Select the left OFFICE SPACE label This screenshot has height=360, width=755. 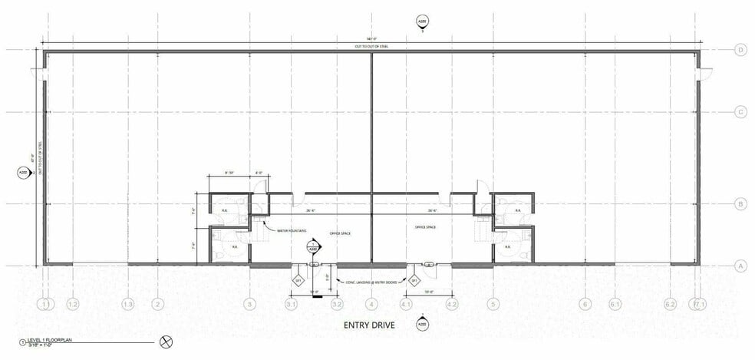339,233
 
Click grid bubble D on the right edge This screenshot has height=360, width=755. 741,51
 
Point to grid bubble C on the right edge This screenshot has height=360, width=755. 741,112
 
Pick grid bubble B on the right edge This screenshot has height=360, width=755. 741,204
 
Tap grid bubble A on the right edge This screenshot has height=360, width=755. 741,266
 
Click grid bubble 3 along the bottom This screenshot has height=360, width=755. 249,305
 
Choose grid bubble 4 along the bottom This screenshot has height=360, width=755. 372,305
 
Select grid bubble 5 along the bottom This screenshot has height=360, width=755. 494,305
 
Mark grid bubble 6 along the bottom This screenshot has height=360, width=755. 586,305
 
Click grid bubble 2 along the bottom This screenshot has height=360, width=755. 157,305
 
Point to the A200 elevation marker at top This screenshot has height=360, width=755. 421,21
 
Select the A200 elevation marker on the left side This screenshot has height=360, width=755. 22,173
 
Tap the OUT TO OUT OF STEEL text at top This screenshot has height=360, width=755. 371,47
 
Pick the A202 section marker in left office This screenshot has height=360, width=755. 313,248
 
